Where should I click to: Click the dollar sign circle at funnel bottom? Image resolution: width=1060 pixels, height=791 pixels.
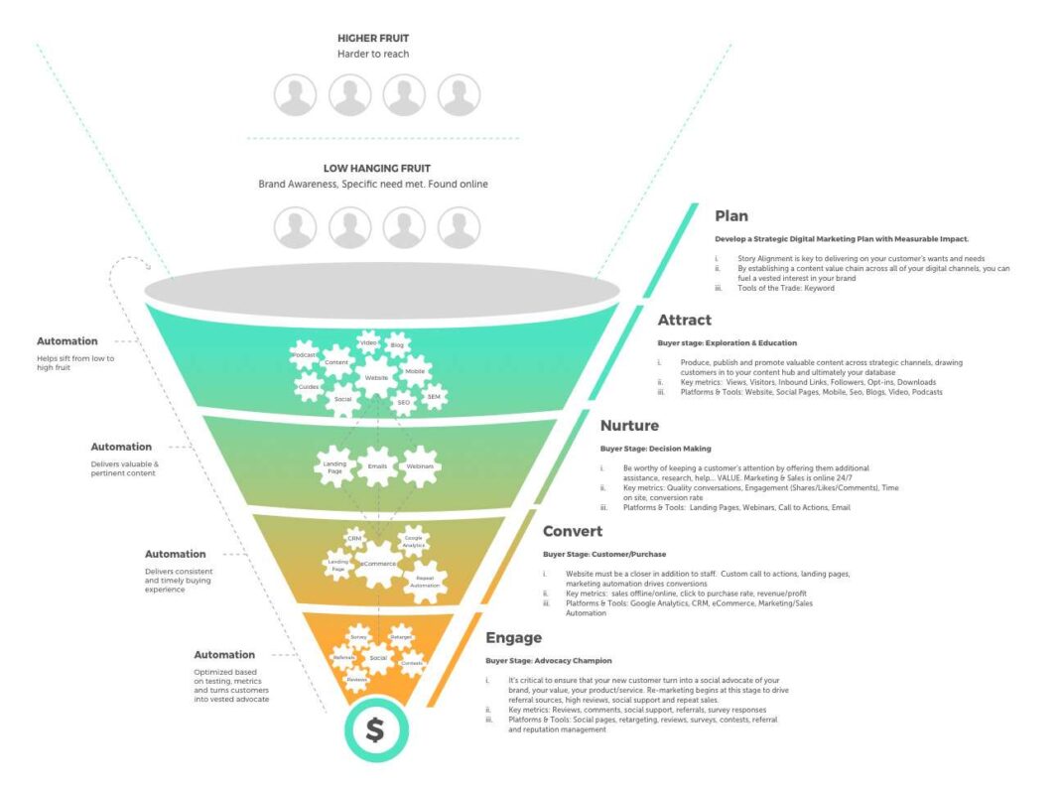coord(374,730)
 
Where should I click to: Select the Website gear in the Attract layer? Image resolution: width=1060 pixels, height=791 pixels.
coord(376,378)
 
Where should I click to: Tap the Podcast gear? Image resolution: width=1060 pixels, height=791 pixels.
coord(304,354)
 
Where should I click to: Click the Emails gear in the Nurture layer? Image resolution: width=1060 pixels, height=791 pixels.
coord(376,465)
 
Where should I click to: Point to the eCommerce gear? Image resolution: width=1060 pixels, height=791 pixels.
coord(377,564)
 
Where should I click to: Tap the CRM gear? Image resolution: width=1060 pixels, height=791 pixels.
coord(353,538)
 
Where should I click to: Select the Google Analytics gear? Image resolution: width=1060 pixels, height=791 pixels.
coord(412,541)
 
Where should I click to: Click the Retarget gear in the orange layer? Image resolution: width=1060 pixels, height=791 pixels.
coord(401,638)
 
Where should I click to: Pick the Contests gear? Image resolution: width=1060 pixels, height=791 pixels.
coord(411,663)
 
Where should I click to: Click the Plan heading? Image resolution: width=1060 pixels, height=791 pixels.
coord(731,215)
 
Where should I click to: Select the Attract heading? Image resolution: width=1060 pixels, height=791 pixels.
coord(684,321)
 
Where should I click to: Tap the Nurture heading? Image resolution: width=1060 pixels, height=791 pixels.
coord(629,426)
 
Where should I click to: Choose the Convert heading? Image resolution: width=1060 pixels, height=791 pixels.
coord(573,531)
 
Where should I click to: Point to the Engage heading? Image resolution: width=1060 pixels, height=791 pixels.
coord(513,637)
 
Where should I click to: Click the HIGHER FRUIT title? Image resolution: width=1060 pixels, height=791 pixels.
coord(372,39)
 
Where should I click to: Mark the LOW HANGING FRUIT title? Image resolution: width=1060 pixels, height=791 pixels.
coord(372,169)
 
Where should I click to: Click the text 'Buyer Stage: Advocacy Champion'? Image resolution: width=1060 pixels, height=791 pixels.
coord(548,660)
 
